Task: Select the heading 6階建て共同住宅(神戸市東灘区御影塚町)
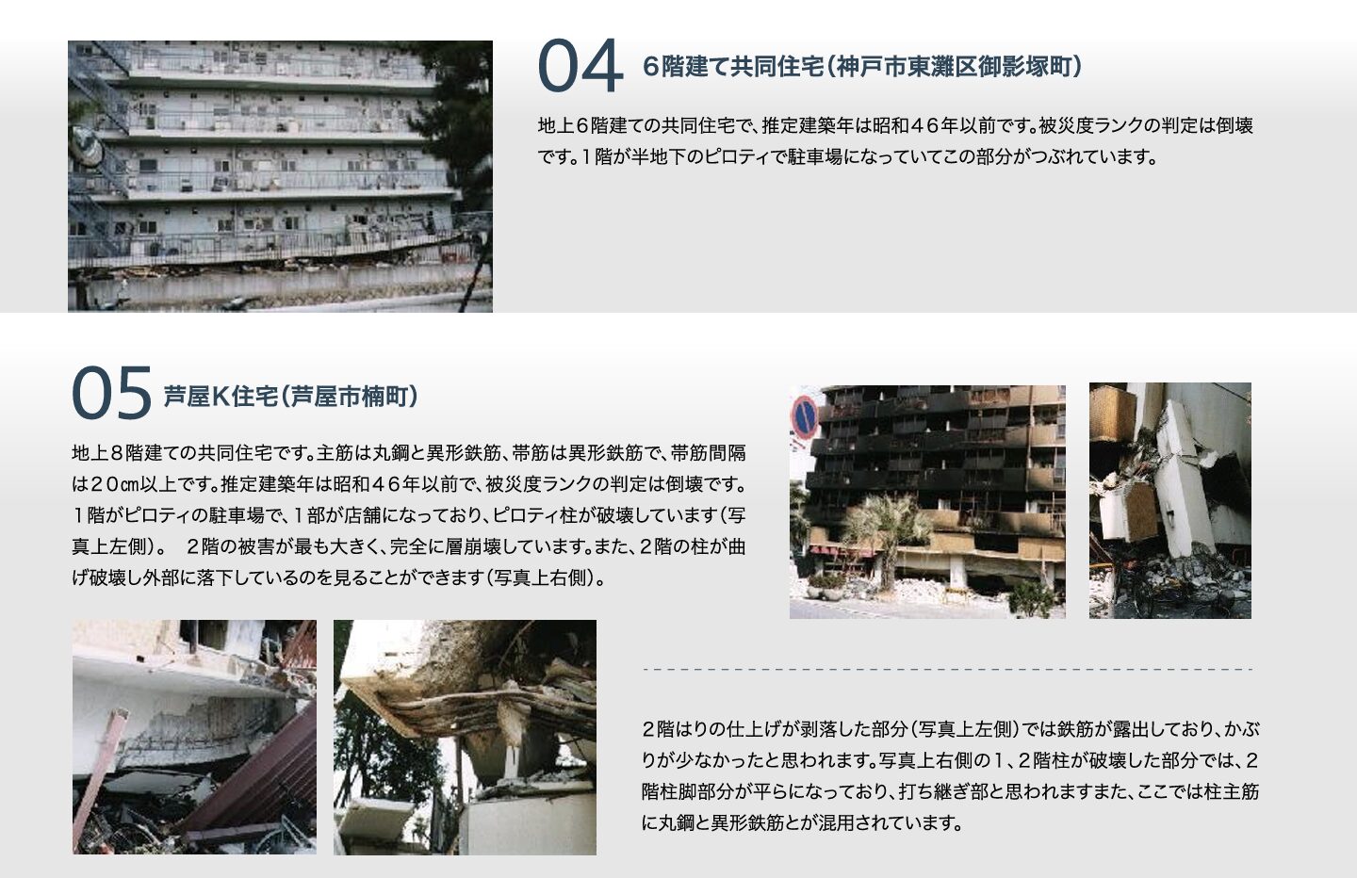coord(861,67)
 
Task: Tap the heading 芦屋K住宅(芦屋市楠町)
coord(290,397)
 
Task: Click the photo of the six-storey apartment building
coord(280,176)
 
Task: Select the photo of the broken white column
coord(1169,500)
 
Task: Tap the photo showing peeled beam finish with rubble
coord(194,737)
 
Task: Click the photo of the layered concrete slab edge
coord(465,737)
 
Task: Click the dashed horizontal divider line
coord(947,670)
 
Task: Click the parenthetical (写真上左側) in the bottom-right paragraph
coord(961,729)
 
